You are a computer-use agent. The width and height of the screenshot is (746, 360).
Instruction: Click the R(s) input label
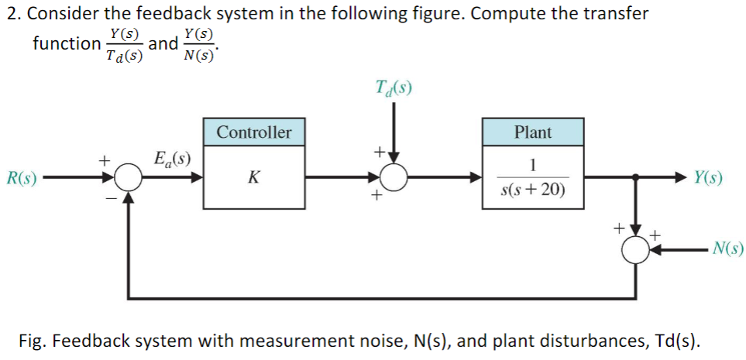point(20,178)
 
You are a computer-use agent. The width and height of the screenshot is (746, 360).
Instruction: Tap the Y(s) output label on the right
point(708,177)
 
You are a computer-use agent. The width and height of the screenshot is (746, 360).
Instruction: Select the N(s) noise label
point(727,249)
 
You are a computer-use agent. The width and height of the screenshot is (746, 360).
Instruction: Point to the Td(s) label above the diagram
point(394,86)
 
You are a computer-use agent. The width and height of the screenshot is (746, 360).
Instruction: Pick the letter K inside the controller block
point(253,178)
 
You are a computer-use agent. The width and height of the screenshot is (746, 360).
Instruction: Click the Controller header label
point(254,132)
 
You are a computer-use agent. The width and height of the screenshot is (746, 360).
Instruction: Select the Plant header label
point(533,132)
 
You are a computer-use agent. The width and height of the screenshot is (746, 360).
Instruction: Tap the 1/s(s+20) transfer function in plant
point(533,178)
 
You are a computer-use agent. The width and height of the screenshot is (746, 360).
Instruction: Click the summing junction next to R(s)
point(129,178)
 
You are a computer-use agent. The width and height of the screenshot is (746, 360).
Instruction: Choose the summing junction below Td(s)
point(395,178)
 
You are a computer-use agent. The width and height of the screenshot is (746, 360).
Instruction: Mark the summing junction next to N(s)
point(638,250)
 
